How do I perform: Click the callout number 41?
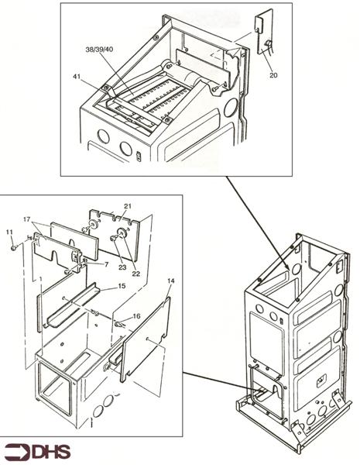click(77, 77)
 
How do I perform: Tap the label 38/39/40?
click(99, 50)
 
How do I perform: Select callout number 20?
click(273, 75)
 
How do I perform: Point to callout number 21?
click(128, 206)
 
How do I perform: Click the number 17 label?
click(27, 219)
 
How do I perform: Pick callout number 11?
click(9, 232)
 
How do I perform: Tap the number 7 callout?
click(107, 264)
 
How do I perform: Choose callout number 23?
click(122, 267)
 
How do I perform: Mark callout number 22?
click(135, 274)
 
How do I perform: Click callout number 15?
click(122, 286)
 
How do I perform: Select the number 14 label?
click(171, 281)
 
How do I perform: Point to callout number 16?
click(136, 316)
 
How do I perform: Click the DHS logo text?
click(51, 453)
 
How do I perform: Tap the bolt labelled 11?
click(14, 248)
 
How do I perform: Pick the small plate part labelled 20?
click(264, 32)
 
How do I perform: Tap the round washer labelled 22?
click(122, 232)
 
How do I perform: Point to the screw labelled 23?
click(113, 238)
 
